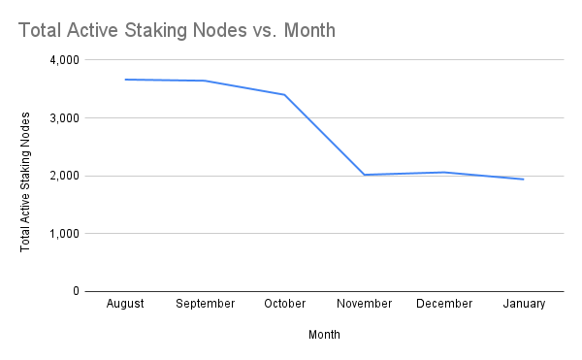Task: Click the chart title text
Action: click(177, 30)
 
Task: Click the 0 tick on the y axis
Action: click(75, 291)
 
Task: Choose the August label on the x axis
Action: click(124, 304)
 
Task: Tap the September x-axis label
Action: click(205, 304)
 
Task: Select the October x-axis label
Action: click(284, 304)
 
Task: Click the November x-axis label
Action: click(365, 304)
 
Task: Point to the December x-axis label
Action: click(444, 304)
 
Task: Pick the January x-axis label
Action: click(524, 304)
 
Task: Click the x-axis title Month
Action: click(324, 334)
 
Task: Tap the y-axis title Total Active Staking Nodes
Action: click(26, 181)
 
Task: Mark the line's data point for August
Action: click(124, 80)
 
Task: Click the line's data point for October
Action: click(284, 94)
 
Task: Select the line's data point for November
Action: click(365, 175)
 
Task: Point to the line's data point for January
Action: click(524, 179)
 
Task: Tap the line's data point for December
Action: click(444, 172)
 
